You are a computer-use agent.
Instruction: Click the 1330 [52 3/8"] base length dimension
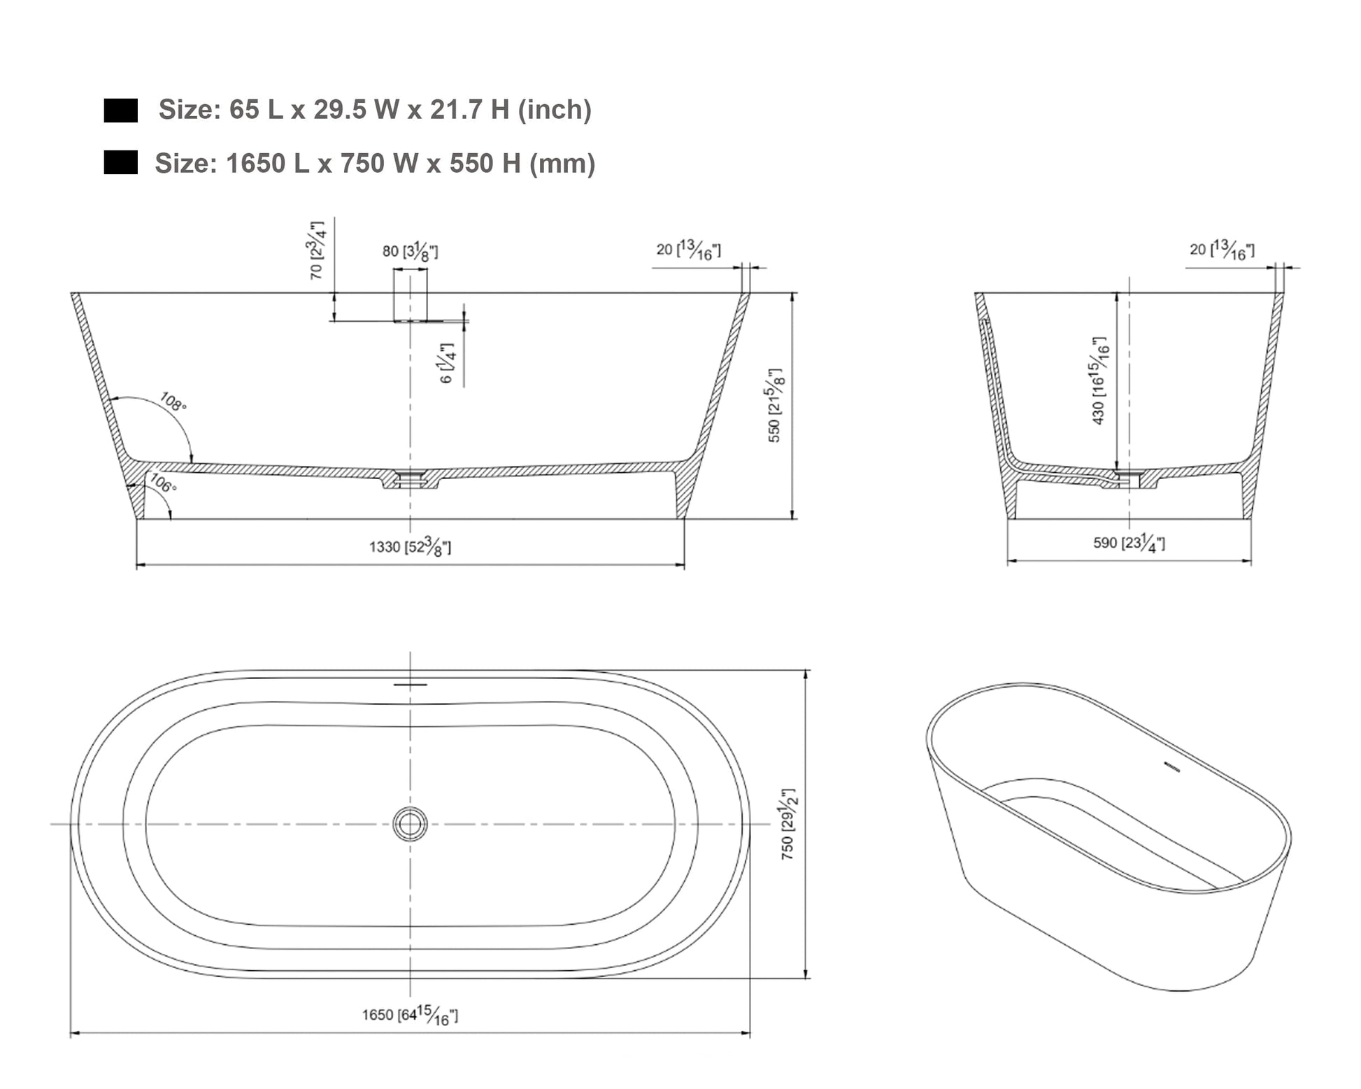pyautogui.click(x=410, y=547)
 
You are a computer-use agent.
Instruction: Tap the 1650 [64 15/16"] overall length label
pyautogui.click(x=410, y=1015)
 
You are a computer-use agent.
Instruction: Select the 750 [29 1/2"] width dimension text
pyautogui.click(x=788, y=824)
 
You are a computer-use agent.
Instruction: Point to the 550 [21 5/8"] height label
pyautogui.click(x=775, y=405)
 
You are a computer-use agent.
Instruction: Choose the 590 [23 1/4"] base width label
pyautogui.click(x=1129, y=542)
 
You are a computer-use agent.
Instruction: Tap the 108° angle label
pyautogui.click(x=173, y=402)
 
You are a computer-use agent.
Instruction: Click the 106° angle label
pyautogui.click(x=162, y=483)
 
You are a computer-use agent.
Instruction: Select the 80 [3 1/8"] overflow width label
pyautogui.click(x=410, y=250)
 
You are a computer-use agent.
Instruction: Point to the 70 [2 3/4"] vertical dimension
pyautogui.click(x=318, y=250)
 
